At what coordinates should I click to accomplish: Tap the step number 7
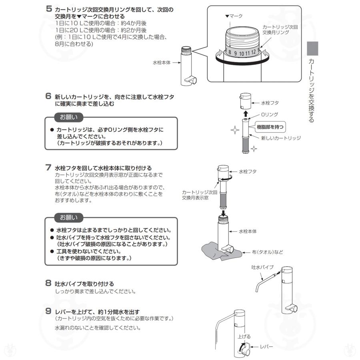[x=48, y=167]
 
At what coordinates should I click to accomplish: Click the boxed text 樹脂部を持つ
[x=271, y=127]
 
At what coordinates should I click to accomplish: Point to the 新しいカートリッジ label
[x=281, y=138]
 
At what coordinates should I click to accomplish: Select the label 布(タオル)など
[x=268, y=252]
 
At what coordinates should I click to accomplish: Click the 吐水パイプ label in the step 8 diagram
[x=262, y=267]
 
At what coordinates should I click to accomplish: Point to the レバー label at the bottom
[x=266, y=346]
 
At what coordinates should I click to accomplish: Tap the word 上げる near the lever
[x=244, y=337]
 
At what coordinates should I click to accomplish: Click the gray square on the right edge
[x=312, y=48]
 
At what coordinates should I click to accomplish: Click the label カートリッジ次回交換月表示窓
[x=200, y=195]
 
